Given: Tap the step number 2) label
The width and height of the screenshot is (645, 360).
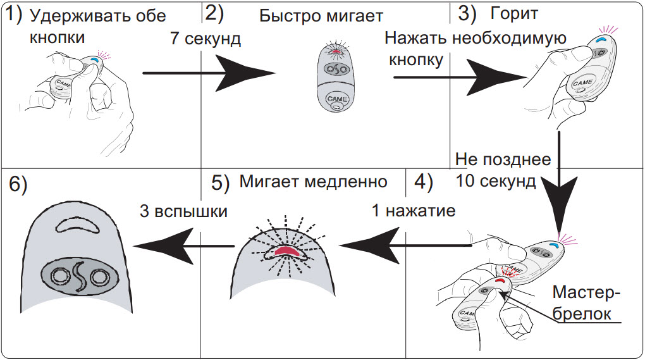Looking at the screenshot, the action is pyautogui.click(x=214, y=13).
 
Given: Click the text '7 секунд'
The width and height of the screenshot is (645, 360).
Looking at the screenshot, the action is pyautogui.click(x=206, y=39).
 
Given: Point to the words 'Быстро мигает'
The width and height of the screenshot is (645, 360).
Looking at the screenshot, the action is pyautogui.click(x=321, y=16).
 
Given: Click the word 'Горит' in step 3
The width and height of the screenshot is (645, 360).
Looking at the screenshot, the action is pyautogui.click(x=514, y=14).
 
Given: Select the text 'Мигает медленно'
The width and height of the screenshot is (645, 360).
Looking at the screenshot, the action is pyautogui.click(x=314, y=182).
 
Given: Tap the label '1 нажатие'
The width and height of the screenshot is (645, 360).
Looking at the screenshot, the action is pyautogui.click(x=414, y=211).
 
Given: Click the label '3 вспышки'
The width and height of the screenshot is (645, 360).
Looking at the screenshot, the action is pyautogui.click(x=183, y=211).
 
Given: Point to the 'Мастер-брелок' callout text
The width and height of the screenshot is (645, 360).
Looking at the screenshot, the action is pyautogui.click(x=586, y=303).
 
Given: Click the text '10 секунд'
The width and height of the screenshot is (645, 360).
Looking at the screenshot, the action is pyautogui.click(x=496, y=181).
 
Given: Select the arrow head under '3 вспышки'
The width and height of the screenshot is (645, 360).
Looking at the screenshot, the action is pyautogui.click(x=164, y=246).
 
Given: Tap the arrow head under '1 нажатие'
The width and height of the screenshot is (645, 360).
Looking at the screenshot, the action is pyautogui.click(x=369, y=246).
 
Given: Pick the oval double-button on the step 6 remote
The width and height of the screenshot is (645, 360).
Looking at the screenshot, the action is pyautogui.click(x=78, y=276).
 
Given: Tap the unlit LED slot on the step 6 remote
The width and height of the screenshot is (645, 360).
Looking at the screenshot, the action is pyautogui.click(x=77, y=225).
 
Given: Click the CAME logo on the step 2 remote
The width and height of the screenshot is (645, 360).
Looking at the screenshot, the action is pyautogui.click(x=337, y=99).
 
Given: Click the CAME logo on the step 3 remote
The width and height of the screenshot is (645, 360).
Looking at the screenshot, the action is pyautogui.click(x=582, y=83).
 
